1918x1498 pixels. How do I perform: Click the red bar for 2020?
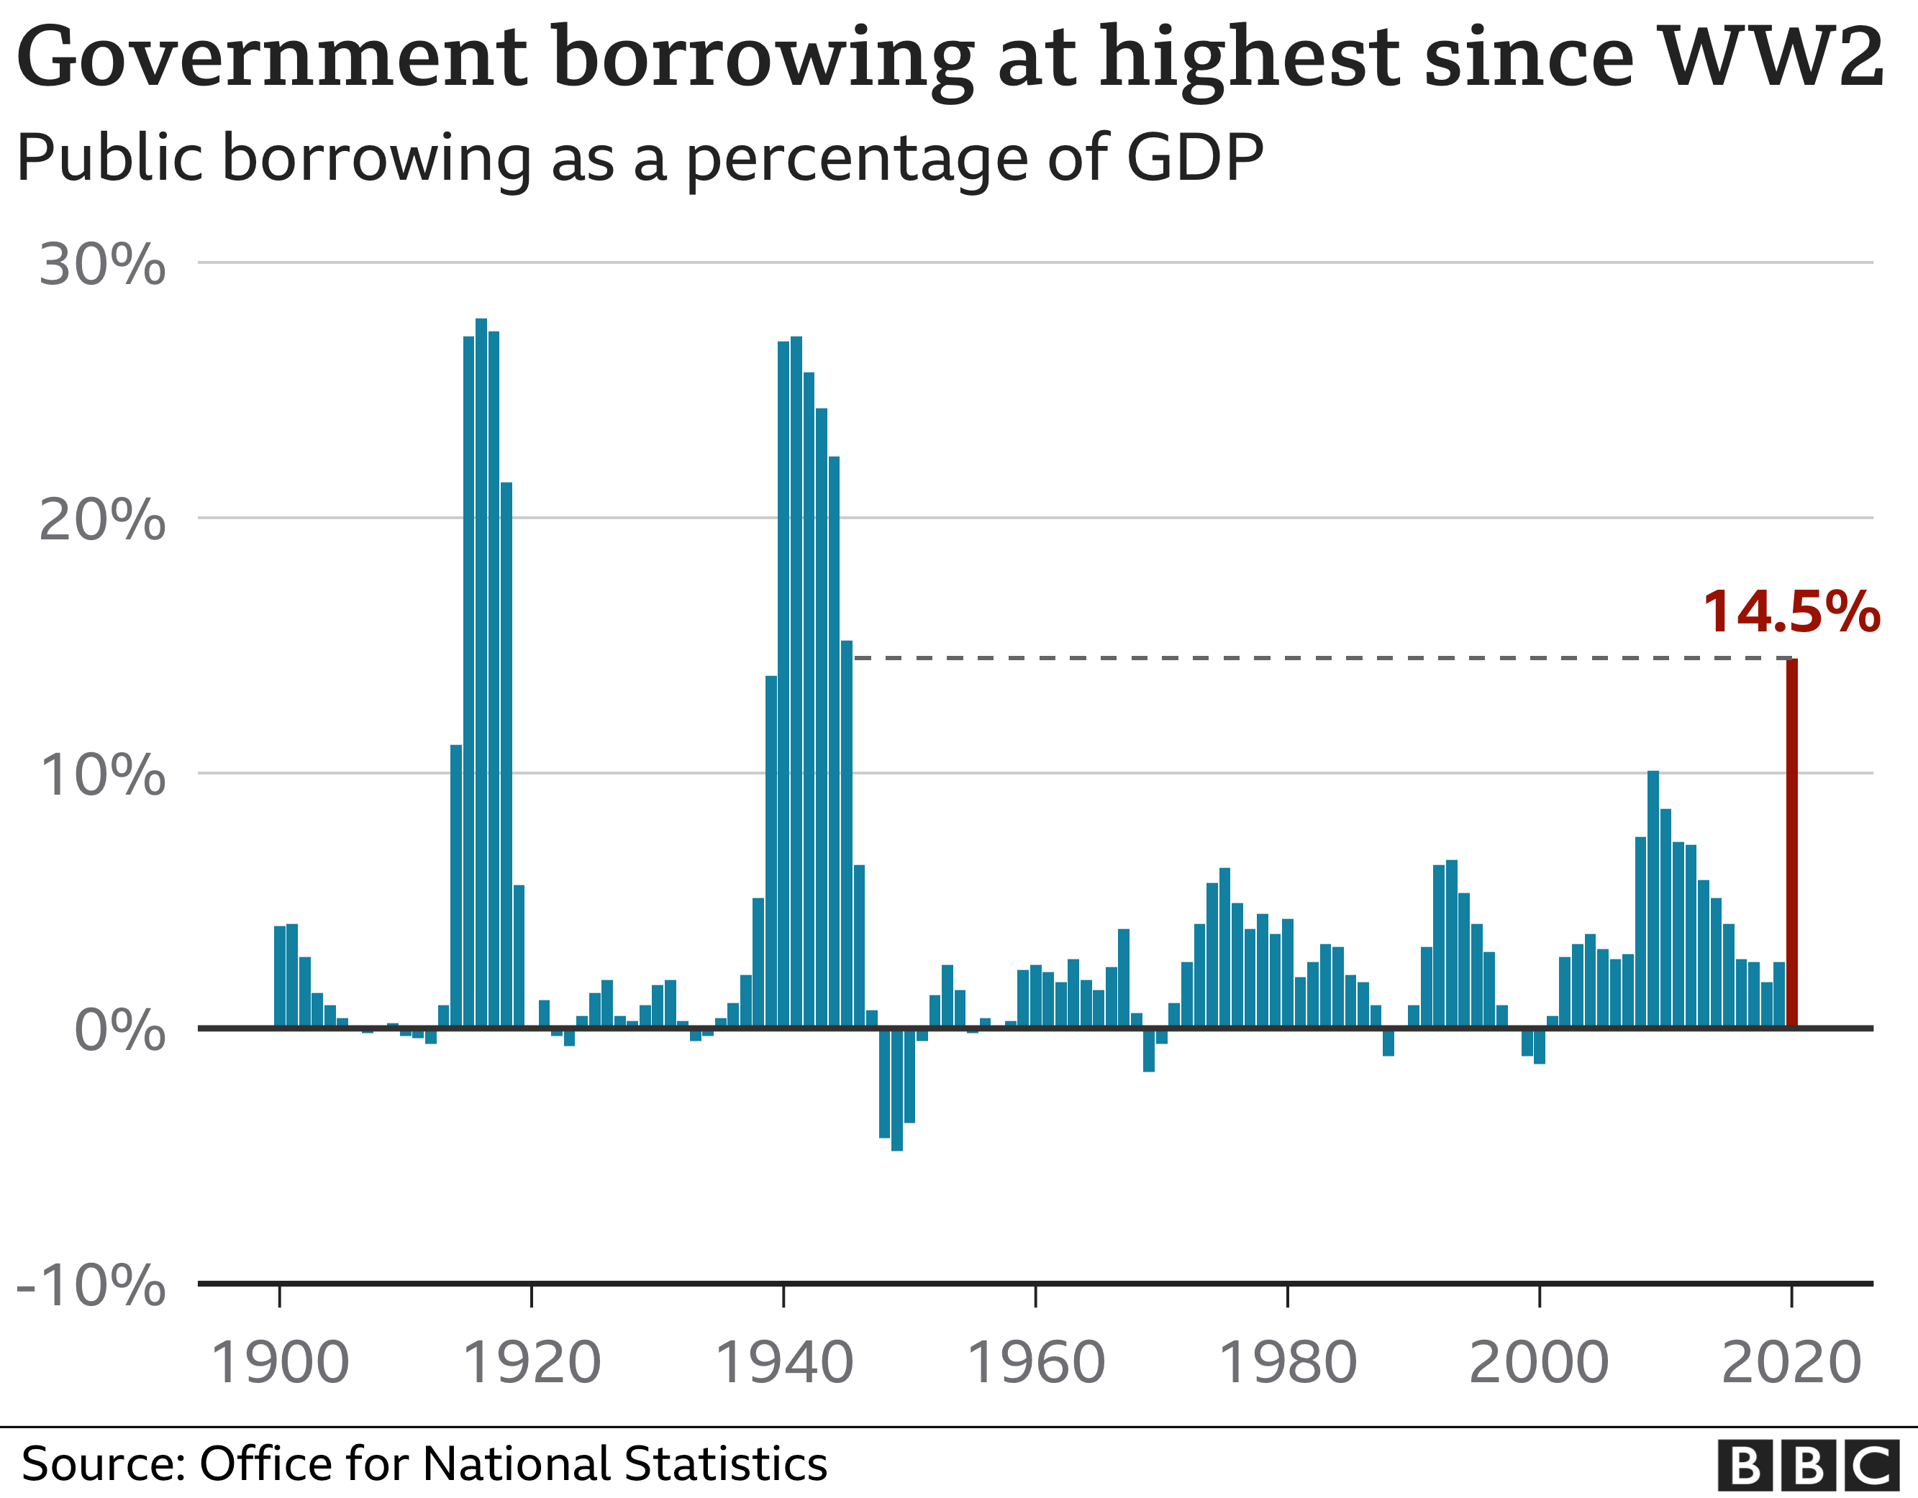pos(1791,843)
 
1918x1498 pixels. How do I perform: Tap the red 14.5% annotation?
pos(1791,612)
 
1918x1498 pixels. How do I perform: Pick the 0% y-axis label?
pos(120,1030)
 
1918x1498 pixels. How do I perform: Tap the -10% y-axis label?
pos(91,1286)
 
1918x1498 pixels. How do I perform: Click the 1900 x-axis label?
pos(280,1363)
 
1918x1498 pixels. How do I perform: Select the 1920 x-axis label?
pos(532,1363)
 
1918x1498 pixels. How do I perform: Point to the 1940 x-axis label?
pos(783,1363)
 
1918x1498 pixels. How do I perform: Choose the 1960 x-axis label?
pos(1035,1363)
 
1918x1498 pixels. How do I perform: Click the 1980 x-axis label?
pos(1288,1363)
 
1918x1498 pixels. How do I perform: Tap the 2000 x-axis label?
pos(1539,1363)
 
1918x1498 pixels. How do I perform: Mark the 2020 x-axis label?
pos(1791,1363)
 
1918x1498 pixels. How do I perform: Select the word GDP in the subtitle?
pos(1194,158)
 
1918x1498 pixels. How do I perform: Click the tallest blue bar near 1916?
pos(481,672)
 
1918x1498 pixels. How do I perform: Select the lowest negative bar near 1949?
pos(896,1089)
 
